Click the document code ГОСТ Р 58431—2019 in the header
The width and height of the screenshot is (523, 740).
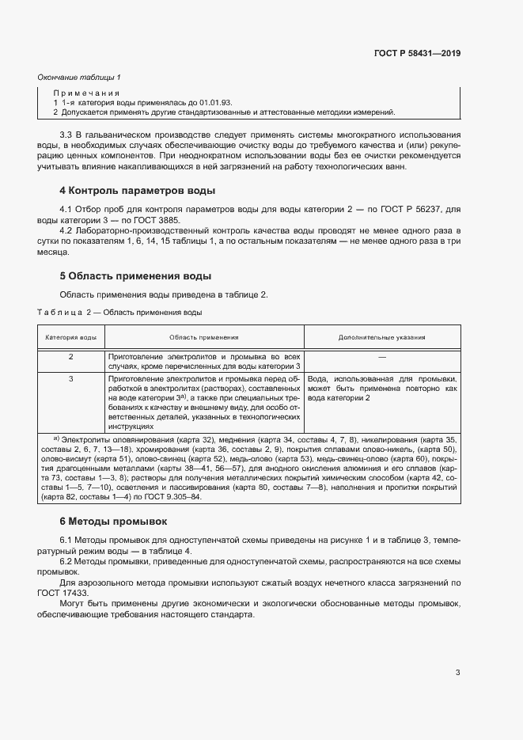tap(417, 54)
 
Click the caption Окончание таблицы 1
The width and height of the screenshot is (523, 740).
tap(79, 78)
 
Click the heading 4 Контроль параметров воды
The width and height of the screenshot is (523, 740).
tap(138, 191)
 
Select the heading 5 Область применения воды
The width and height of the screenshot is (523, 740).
tap(135, 276)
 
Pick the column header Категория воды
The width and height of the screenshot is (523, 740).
tap(71, 337)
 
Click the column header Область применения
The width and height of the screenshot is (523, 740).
tap(203, 337)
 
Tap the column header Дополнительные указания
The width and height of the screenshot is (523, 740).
tap(381, 337)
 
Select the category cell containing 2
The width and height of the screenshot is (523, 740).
tap(71, 357)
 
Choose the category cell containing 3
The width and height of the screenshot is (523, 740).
tap(71, 379)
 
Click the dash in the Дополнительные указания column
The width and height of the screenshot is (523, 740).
tap(381, 357)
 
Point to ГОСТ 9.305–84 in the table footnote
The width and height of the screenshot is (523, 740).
tap(176, 497)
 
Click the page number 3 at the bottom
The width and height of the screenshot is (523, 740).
tap(457, 673)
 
